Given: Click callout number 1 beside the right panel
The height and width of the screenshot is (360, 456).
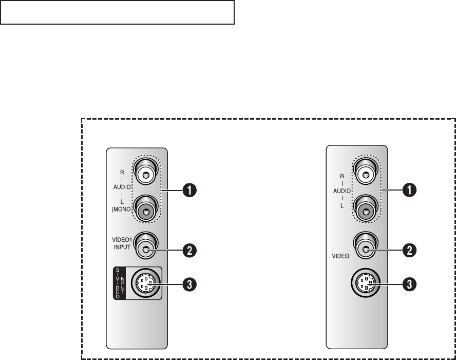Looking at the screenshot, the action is tap(410, 190).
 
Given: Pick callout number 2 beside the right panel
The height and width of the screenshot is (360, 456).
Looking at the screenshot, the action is tap(410, 251).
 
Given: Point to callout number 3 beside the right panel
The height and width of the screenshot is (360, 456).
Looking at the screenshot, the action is tap(410, 283).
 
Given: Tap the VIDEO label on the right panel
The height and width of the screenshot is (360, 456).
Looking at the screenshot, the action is tap(339, 255).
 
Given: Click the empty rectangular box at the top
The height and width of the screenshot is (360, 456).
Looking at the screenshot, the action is tap(117, 12).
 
